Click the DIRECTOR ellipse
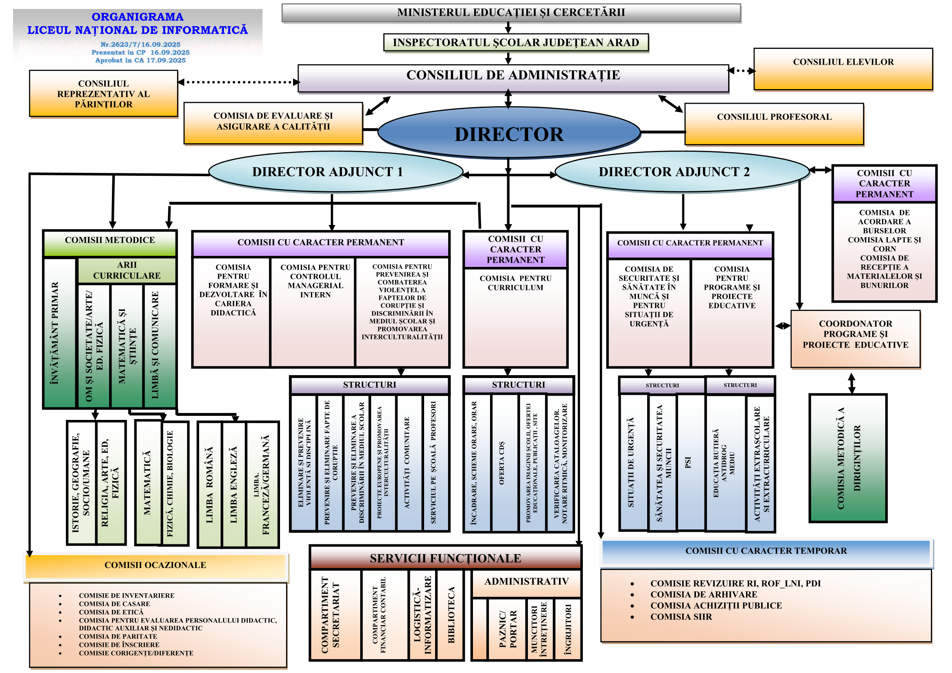coord(509,134)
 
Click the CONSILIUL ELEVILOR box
coord(843,69)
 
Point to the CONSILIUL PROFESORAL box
coord(774,124)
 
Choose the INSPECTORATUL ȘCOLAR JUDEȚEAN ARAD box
coord(516,43)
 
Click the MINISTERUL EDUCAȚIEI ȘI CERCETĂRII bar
coord(511,13)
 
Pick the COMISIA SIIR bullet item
coord(681,616)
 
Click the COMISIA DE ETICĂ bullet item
coord(111,612)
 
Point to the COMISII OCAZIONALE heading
coord(155,565)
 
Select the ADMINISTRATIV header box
coord(526,581)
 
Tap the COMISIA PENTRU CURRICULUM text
coord(515,283)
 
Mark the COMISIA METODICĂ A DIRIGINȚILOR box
coord(848,458)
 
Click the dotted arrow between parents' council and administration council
coord(239,82)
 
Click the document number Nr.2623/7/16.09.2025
coord(140,44)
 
